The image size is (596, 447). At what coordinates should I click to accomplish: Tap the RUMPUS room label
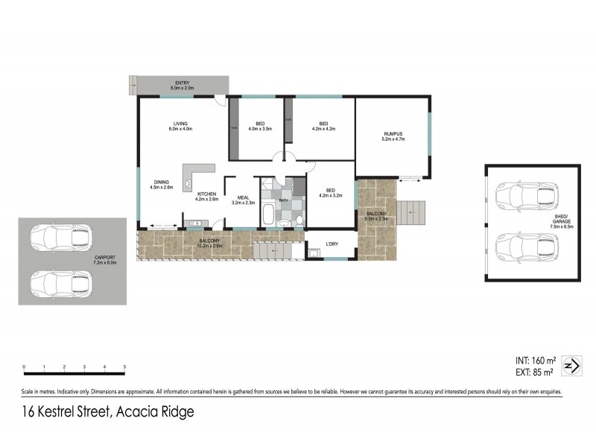(x=393, y=136)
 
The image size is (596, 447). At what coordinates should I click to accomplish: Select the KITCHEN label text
(x=206, y=196)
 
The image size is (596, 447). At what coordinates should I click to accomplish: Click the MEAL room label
(x=243, y=199)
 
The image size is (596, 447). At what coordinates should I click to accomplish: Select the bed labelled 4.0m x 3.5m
(x=260, y=126)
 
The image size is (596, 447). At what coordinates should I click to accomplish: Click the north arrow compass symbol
(x=571, y=366)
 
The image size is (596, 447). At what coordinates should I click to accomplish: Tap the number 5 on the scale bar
(x=124, y=367)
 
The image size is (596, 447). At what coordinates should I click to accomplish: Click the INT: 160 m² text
(x=530, y=360)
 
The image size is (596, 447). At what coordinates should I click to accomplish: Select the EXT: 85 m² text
(x=530, y=372)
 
